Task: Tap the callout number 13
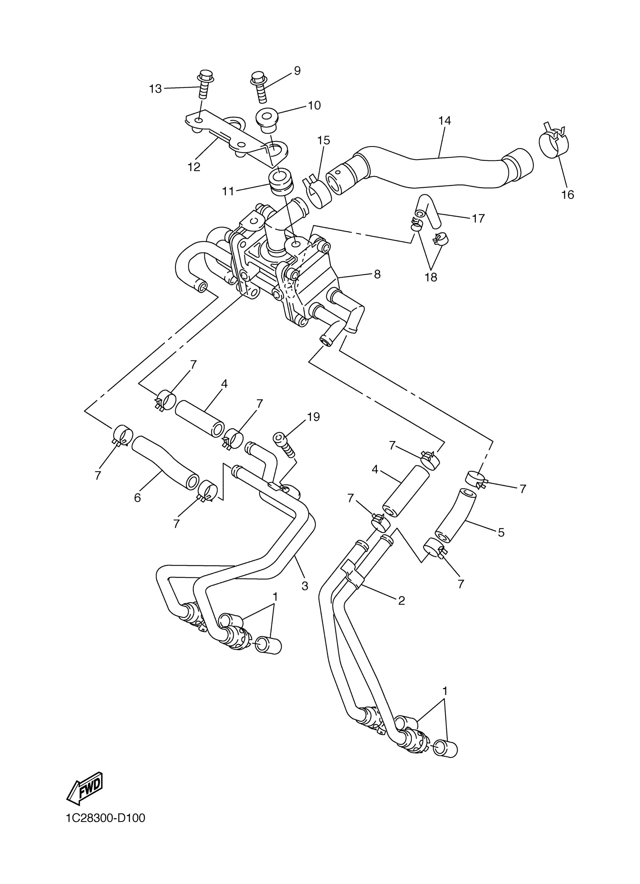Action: click(155, 89)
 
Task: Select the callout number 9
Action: click(297, 70)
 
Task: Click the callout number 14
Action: click(444, 121)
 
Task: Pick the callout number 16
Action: click(568, 194)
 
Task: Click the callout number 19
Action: click(313, 417)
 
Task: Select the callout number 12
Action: click(194, 167)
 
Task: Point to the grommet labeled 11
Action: click(280, 183)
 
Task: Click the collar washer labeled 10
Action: click(268, 117)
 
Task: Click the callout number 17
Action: click(478, 218)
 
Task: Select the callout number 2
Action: click(401, 601)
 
